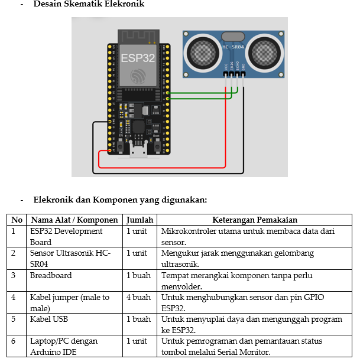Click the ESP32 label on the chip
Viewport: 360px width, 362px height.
(x=137, y=58)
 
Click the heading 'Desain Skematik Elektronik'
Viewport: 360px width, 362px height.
(x=89, y=5)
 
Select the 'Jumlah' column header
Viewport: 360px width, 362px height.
(x=140, y=220)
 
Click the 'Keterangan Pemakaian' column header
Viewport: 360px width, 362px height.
(x=254, y=220)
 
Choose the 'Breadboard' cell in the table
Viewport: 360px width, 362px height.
(x=51, y=275)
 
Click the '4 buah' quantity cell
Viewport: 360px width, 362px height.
(x=138, y=298)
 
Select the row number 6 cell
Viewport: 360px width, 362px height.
(x=14, y=341)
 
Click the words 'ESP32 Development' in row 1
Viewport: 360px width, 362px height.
(x=66, y=231)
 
